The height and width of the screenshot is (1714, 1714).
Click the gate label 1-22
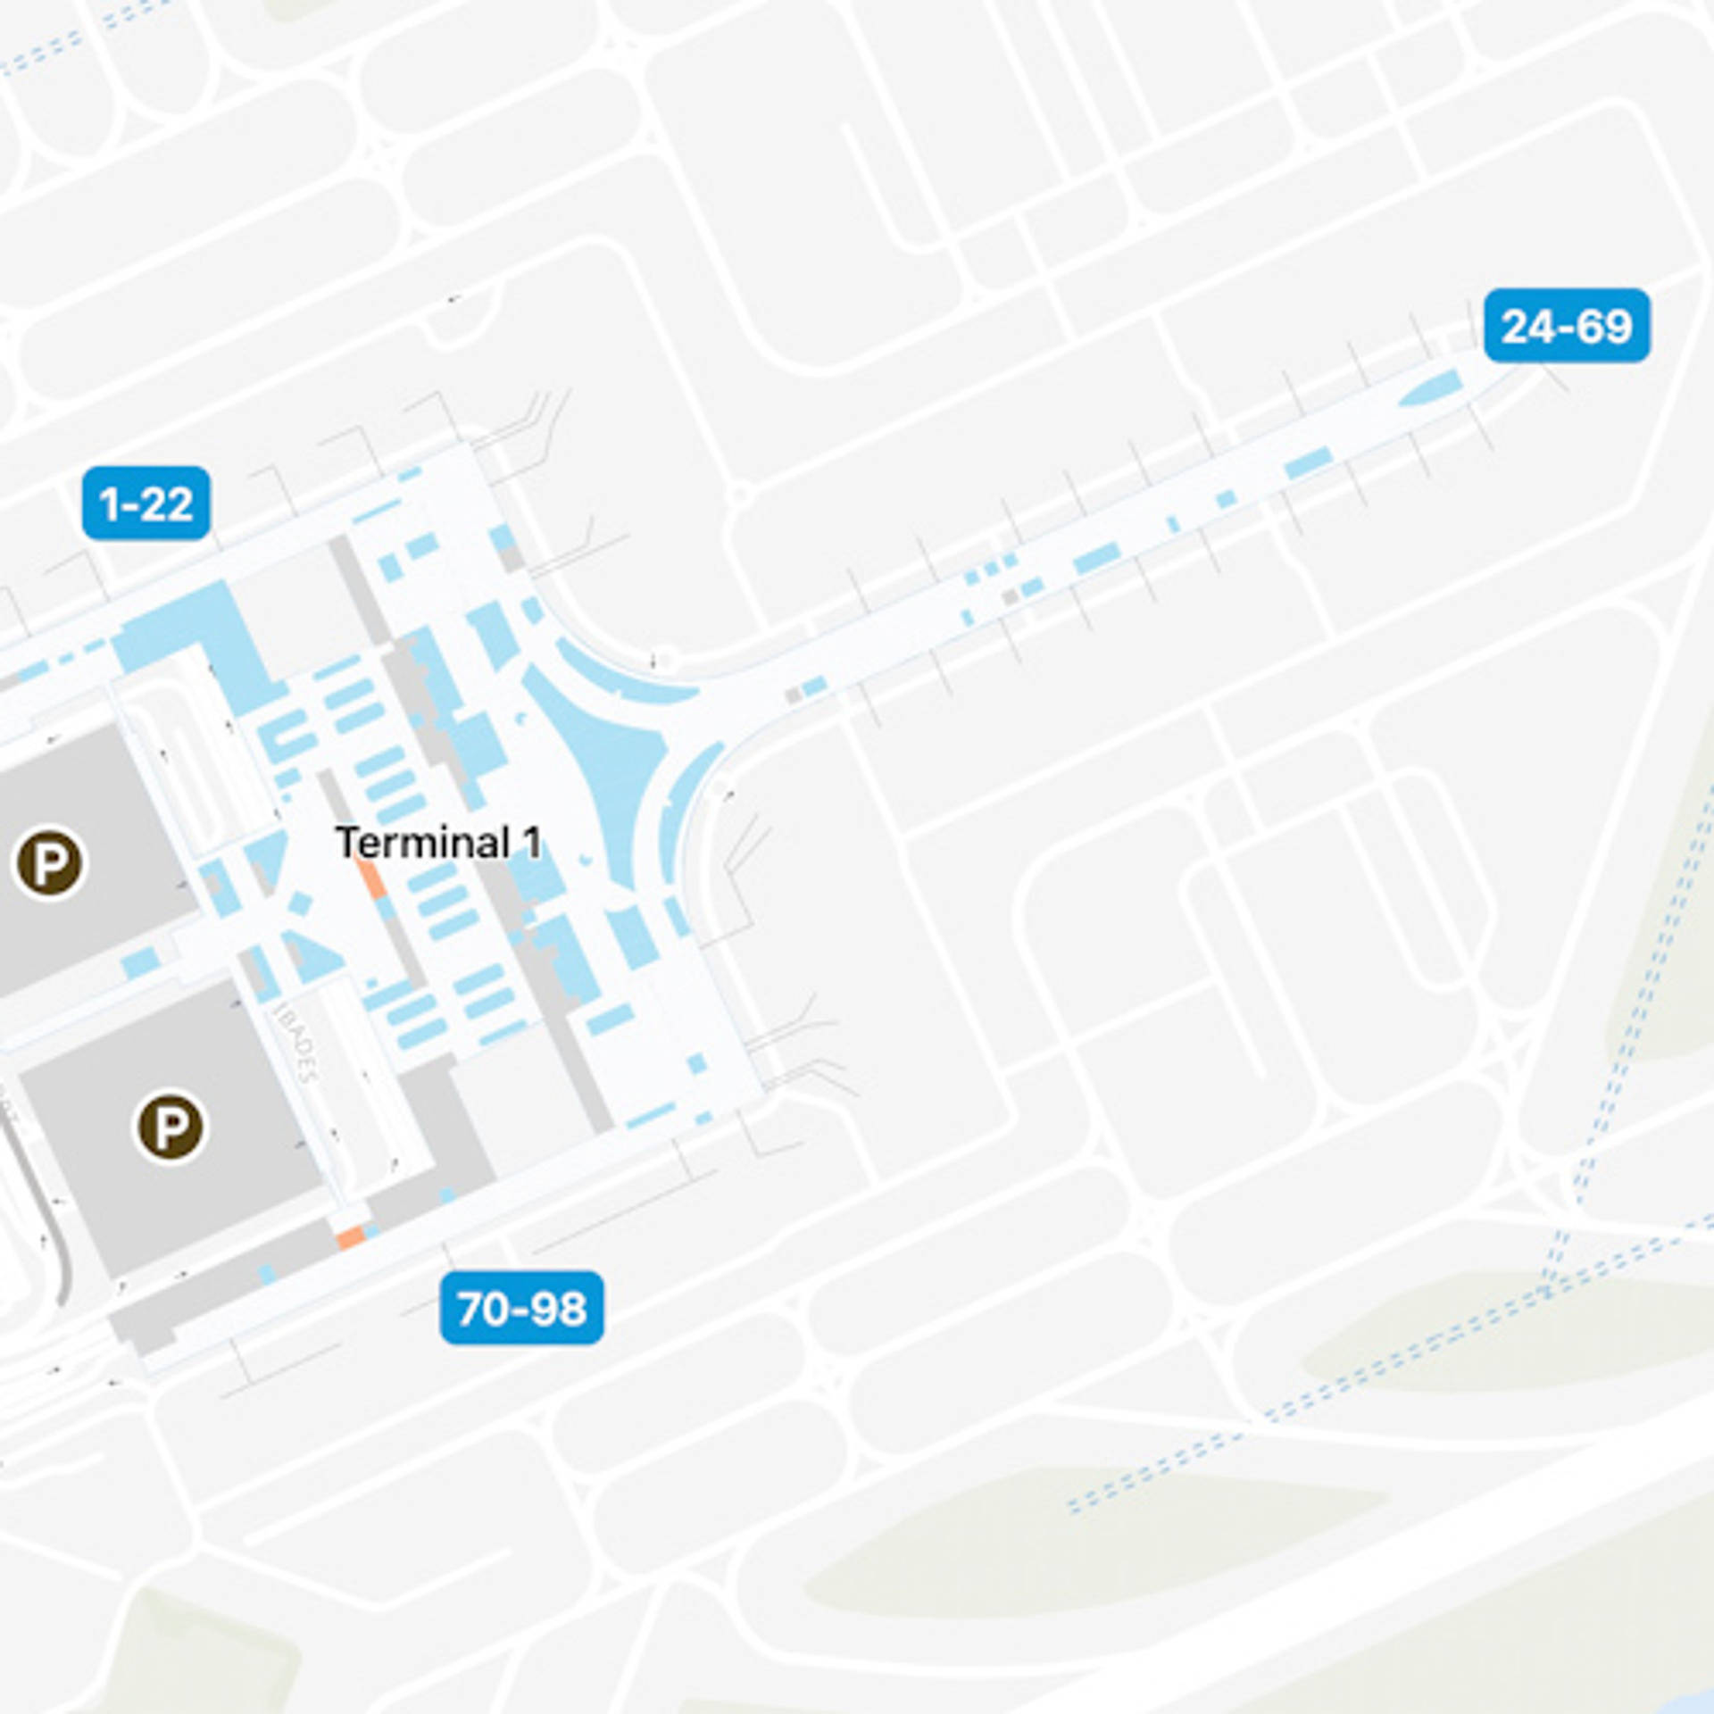pos(146,503)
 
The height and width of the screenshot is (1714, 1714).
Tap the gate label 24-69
pos(1567,326)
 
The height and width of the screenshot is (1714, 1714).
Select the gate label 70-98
pos(522,1309)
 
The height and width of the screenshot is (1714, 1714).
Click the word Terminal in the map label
pos(422,843)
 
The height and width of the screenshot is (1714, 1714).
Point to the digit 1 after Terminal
pos(532,843)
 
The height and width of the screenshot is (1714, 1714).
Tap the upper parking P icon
pos(50,862)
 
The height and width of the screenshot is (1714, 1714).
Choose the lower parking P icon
pos(171,1127)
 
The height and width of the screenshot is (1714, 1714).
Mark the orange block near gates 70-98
pos(350,1237)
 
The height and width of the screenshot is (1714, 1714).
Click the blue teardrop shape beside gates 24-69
pos(1431,389)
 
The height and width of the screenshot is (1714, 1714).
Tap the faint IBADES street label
pos(295,1041)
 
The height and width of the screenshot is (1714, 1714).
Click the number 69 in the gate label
pos(1604,326)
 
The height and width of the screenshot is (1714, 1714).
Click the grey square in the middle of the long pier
pos(1010,596)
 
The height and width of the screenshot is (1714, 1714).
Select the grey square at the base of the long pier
pos(793,695)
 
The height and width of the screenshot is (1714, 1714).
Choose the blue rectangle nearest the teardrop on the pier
pos(1308,463)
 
